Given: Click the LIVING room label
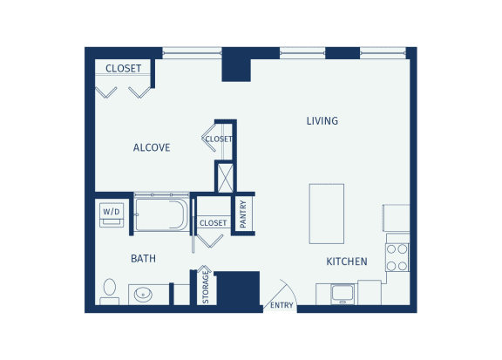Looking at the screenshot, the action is click(322, 121).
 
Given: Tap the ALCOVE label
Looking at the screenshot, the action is click(152, 147).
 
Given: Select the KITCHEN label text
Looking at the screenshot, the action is click(347, 262).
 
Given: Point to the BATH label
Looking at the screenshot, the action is click(143, 259).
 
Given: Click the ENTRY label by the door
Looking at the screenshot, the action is click(282, 305).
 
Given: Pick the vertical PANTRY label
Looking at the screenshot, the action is click(243, 214).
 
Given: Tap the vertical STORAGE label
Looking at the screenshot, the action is click(206, 288).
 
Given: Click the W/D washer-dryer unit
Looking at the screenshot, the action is click(112, 215).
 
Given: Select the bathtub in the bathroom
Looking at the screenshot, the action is click(161, 214).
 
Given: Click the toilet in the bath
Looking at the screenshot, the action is click(110, 291).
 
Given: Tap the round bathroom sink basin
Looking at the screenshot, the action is click(143, 295).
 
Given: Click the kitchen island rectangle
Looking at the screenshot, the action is click(327, 214).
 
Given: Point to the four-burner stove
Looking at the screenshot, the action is click(397, 257).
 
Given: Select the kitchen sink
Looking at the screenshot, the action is click(343, 294).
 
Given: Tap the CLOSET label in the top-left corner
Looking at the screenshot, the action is click(123, 69).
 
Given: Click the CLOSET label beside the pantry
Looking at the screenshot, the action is click(213, 223).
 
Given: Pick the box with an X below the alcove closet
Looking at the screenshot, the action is click(226, 178).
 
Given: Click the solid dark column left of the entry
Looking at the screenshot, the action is click(238, 289).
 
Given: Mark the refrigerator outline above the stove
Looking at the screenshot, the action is click(397, 218).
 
